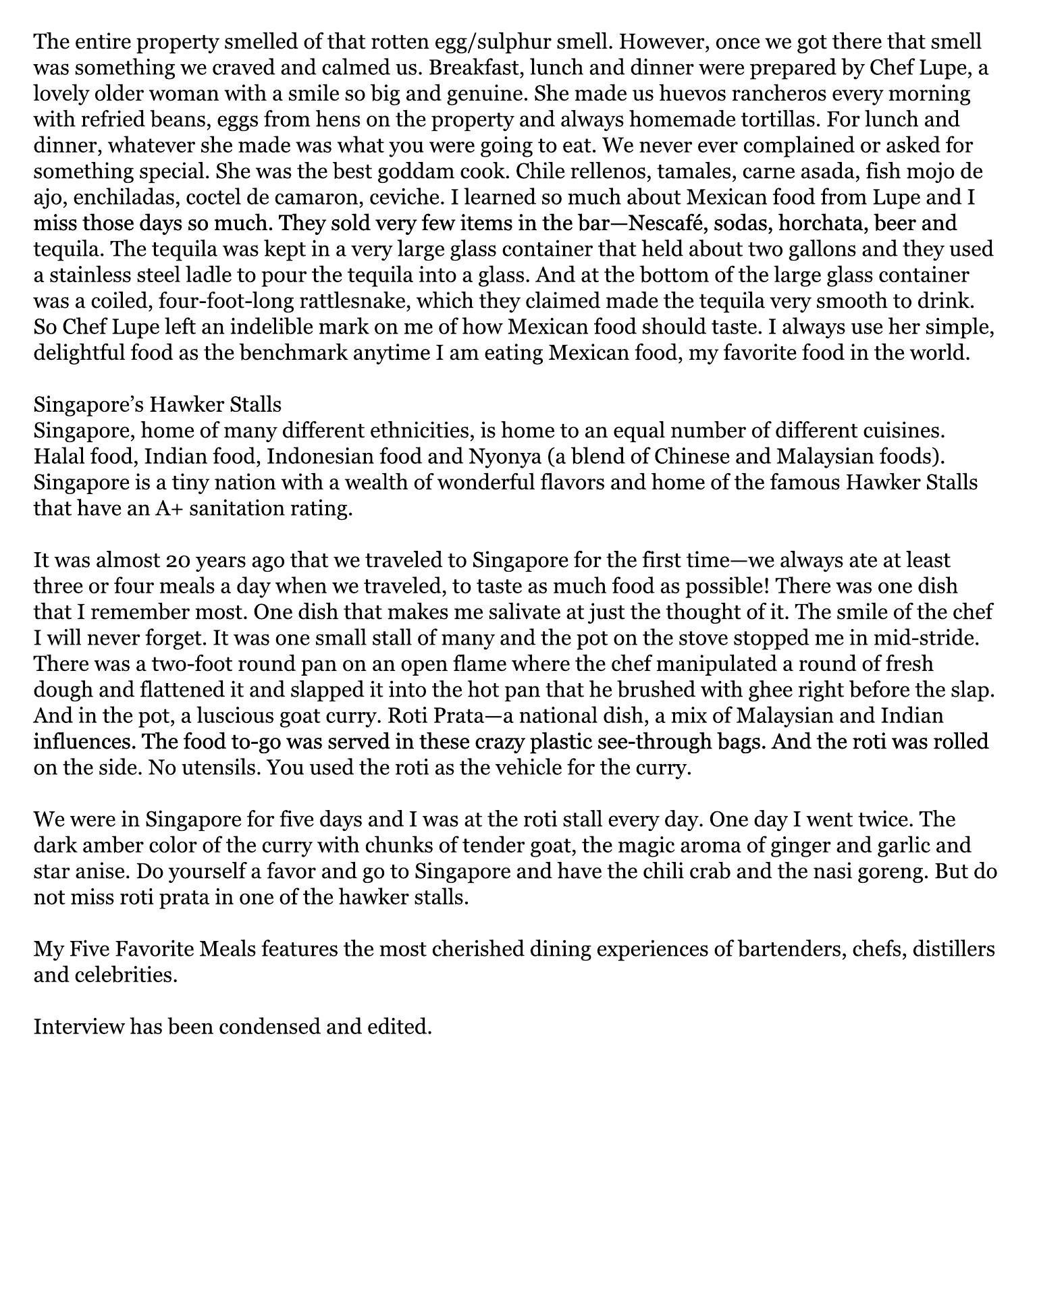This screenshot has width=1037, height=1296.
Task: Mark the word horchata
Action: coord(829,223)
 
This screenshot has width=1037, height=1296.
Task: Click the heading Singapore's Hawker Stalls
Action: coord(157,404)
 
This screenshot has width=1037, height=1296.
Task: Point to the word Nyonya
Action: coord(496,456)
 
